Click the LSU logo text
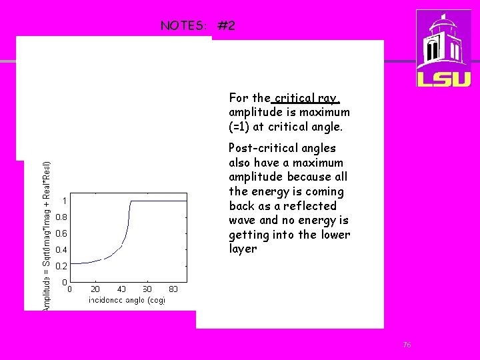(443, 78)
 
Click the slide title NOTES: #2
(197, 26)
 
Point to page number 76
(407, 345)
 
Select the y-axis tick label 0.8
(61, 217)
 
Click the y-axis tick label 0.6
(61, 233)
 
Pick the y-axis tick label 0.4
(61, 250)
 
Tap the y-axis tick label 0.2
(61, 265)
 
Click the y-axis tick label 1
(64, 201)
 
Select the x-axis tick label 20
(95, 289)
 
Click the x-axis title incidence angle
(127, 300)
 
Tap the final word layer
(243, 249)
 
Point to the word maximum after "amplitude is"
(325, 112)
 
